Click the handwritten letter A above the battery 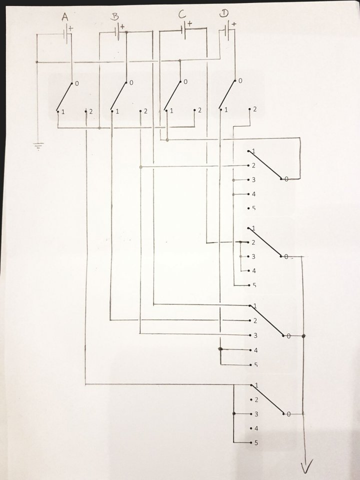(64, 18)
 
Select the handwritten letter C (183, 15)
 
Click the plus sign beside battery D (233, 24)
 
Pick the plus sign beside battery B (122, 26)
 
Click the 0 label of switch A (76, 83)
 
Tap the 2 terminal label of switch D (254, 109)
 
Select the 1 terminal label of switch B (117, 111)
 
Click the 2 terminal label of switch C (199, 110)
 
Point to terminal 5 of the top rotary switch (253, 208)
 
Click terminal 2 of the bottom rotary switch (255, 399)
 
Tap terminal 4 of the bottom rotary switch (255, 428)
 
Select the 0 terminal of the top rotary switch (286, 178)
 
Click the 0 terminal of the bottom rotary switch (288, 414)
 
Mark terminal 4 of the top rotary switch (253, 194)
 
